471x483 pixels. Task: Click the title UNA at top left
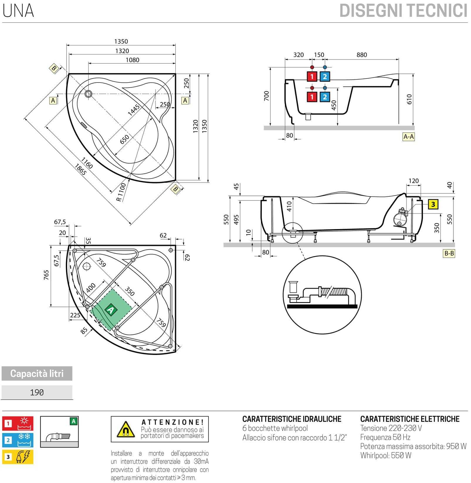pyautogui.click(x=18, y=11)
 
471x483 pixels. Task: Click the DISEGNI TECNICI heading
pyautogui.click(x=403, y=11)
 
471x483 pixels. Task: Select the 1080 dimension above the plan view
pyautogui.click(x=132, y=60)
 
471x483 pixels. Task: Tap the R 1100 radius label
pyautogui.click(x=121, y=192)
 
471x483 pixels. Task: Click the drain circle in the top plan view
pyautogui.click(x=88, y=94)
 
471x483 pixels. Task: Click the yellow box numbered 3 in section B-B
pyautogui.click(x=433, y=204)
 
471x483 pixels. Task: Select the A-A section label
pyautogui.click(x=408, y=137)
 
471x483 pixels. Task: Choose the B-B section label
pyautogui.click(x=449, y=254)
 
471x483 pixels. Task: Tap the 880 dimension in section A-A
pyautogui.click(x=362, y=55)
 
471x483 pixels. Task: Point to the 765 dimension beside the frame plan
pyautogui.click(x=46, y=275)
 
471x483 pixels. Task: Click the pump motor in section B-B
pyautogui.click(x=399, y=218)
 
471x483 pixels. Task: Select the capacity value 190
pyautogui.click(x=37, y=393)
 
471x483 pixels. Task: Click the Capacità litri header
pyautogui.click(x=37, y=374)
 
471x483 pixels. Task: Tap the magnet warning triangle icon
pyautogui.click(x=126, y=430)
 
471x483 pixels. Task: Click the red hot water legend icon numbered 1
pyautogui.click(x=18, y=423)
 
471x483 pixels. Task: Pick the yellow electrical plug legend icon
pyautogui.click(x=18, y=457)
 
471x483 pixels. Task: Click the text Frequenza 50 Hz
pyautogui.click(x=385, y=437)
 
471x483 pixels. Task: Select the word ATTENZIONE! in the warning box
pyautogui.click(x=172, y=422)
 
